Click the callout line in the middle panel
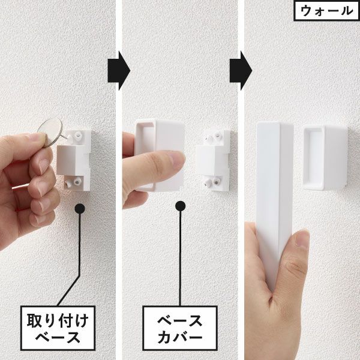pyautogui.click(x=181, y=258)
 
